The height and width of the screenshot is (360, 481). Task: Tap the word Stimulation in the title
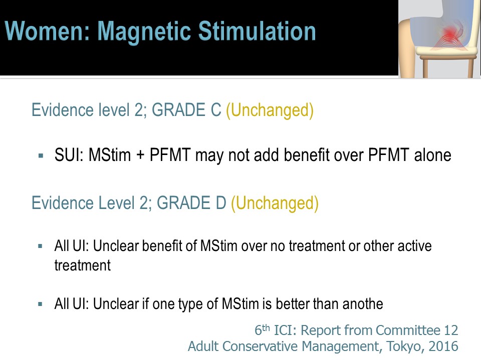click(257, 31)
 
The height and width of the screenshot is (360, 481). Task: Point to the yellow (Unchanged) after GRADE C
click(270, 110)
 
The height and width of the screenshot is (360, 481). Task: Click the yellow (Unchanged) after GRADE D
click(275, 203)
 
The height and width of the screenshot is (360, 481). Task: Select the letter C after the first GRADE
click(215, 110)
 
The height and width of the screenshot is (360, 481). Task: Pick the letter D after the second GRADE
click(221, 203)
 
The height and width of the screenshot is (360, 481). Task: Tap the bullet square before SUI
click(41, 156)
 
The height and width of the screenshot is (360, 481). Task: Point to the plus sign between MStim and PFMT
click(140, 155)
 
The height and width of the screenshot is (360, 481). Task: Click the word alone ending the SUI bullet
click(432, 155)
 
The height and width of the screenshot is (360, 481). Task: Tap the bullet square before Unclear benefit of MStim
click(40, 246)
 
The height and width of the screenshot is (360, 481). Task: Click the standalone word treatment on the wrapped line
click(83, 265)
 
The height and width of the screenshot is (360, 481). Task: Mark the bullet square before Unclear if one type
click(40, 304)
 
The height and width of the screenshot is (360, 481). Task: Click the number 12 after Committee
click(451, 330)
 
